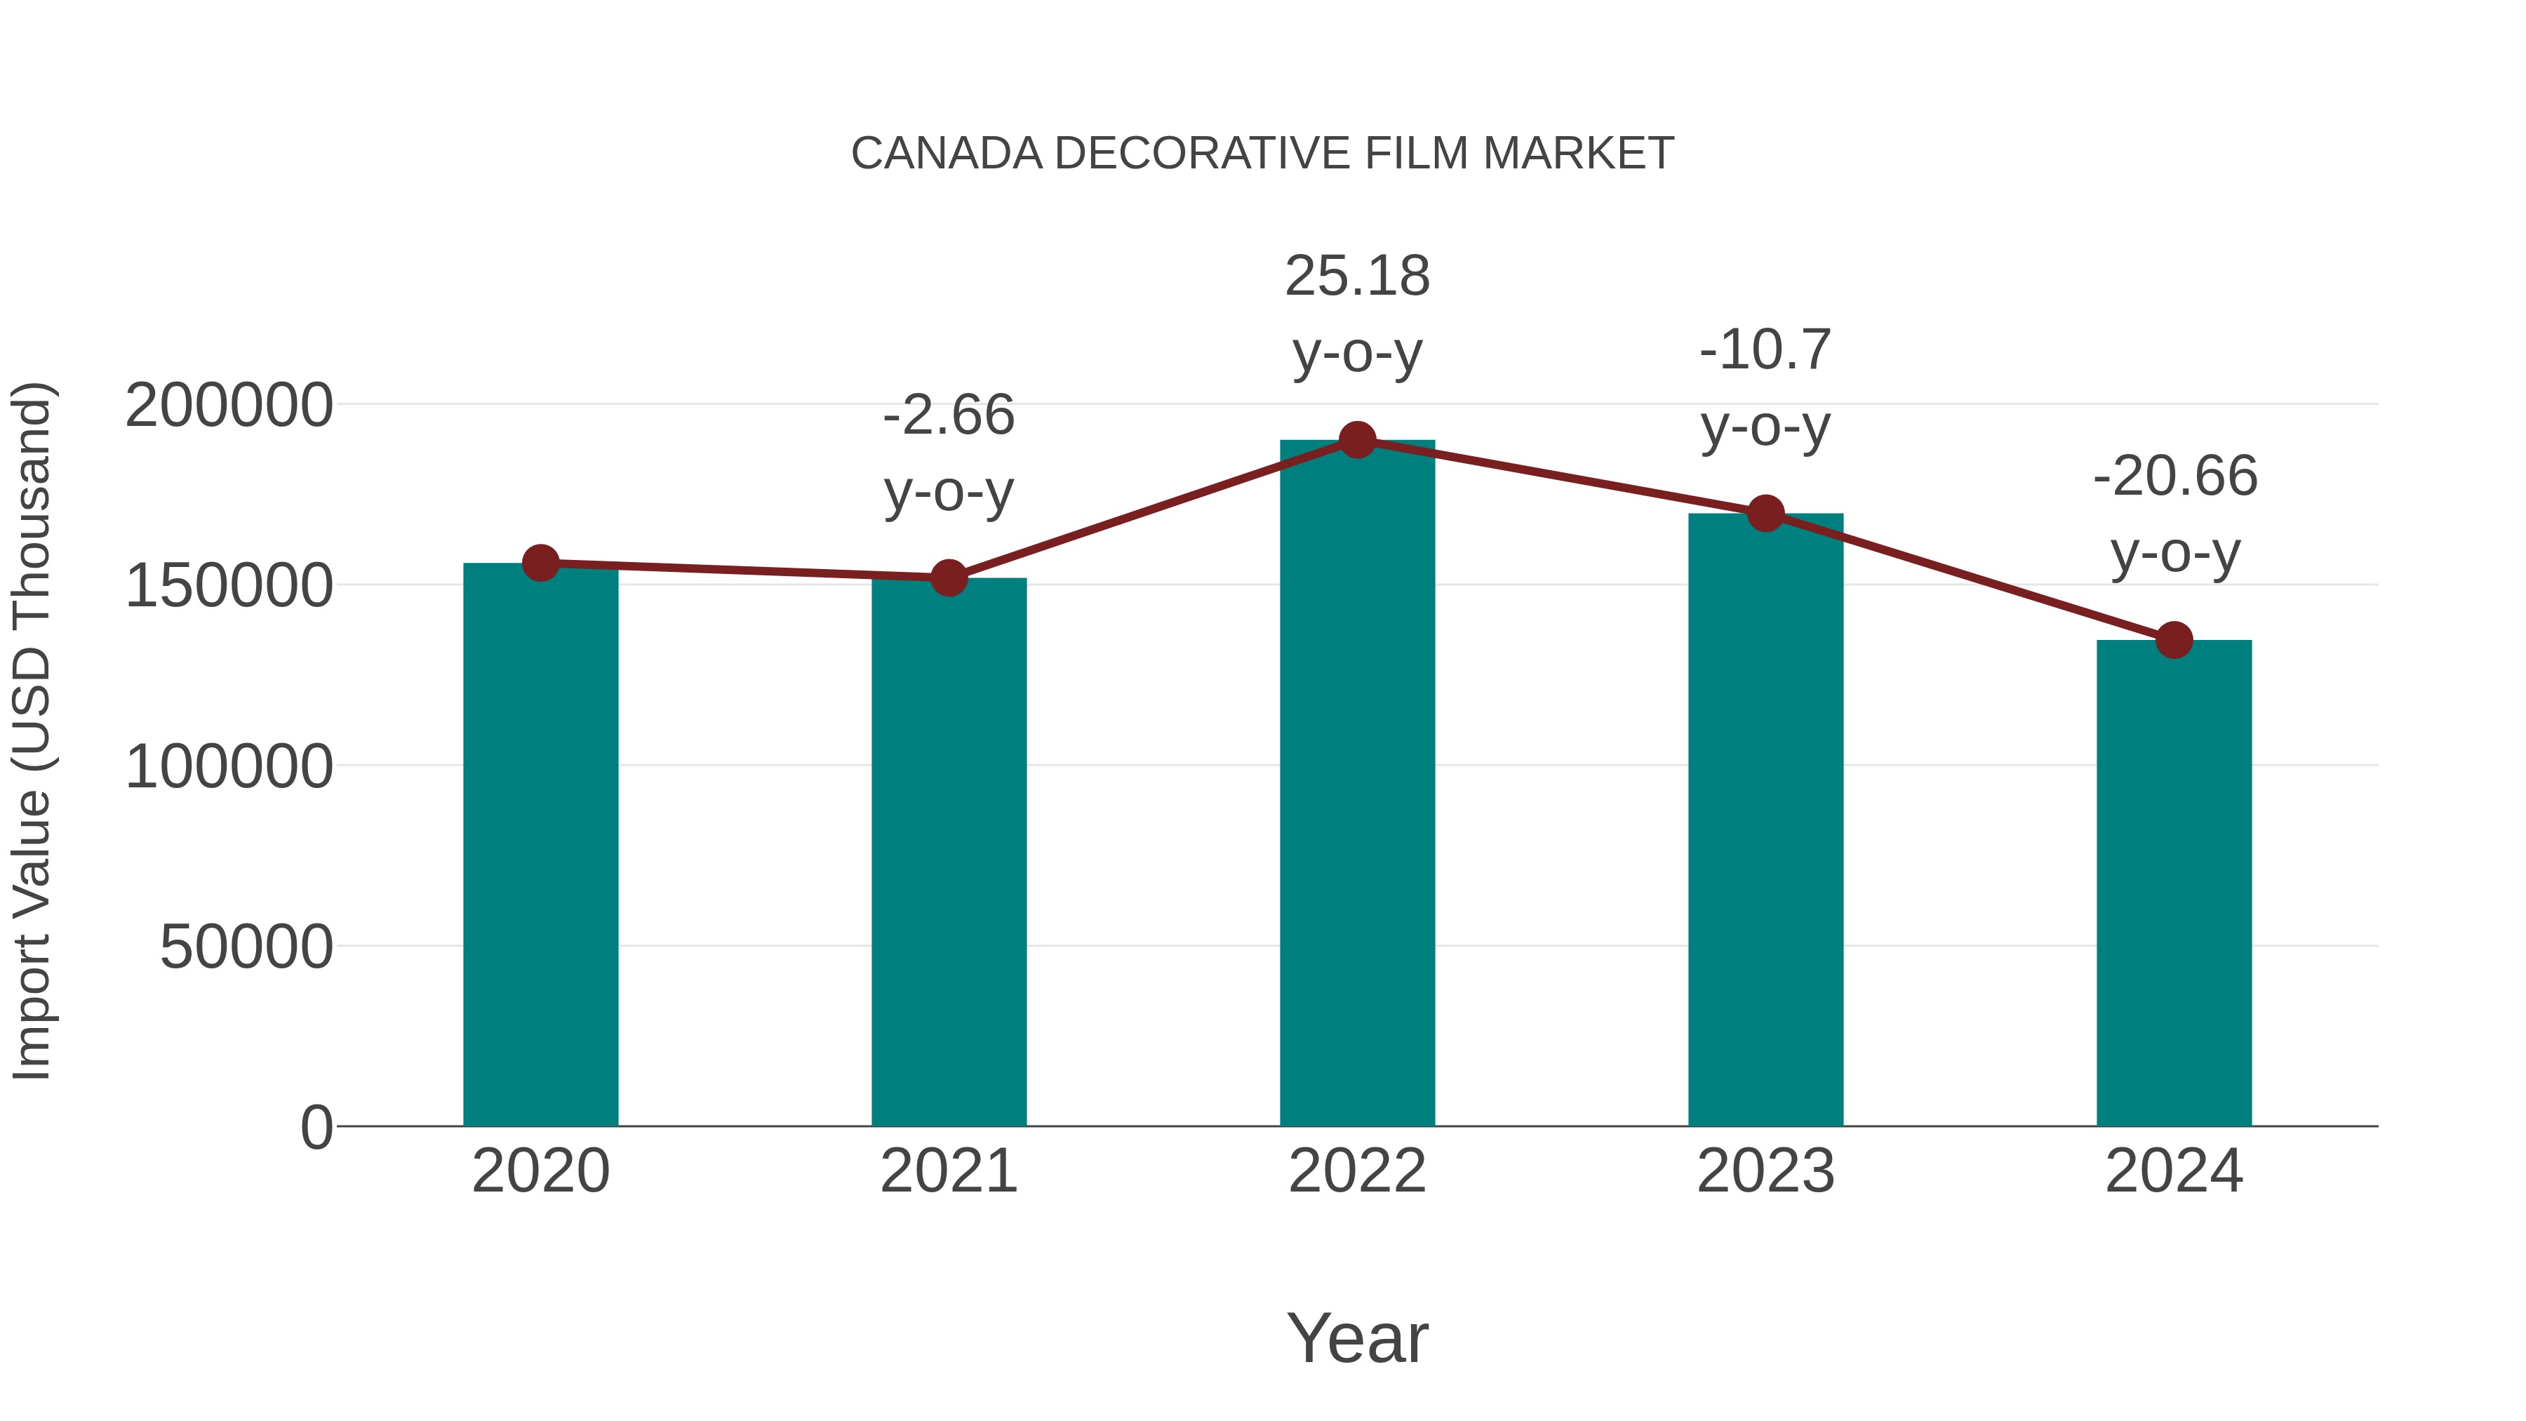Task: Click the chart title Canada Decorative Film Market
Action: [x=1262, y=154]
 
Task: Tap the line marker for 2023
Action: [x=1765, y=513]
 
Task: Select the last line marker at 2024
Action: [x=2174, y=641]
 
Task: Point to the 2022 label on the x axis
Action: [x=1357, y=1171]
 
